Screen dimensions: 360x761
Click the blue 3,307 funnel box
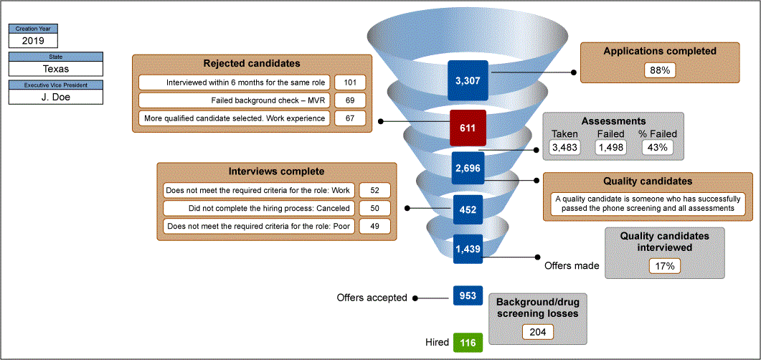point(468,80)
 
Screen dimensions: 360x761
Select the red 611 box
point(468,127)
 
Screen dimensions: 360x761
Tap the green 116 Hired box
point(468,343)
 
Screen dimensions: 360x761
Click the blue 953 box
point(468,295)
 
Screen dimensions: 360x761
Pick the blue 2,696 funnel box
point(468,169)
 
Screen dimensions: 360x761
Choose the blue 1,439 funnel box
point(468,249)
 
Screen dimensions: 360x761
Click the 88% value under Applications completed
point(660,70)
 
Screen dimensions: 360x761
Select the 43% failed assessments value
point(658,147)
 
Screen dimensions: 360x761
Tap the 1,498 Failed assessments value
point(612,147)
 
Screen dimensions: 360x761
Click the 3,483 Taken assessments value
point(564,147)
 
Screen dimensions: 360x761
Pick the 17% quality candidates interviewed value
point(664,266)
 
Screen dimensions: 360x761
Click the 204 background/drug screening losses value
point(537,332)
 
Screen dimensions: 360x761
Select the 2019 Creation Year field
point(33,40)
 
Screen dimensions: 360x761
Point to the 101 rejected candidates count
point(350,82)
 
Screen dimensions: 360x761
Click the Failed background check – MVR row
point(235,100)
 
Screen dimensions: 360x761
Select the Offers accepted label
point(372,298)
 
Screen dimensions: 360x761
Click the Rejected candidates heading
point(252,64)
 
